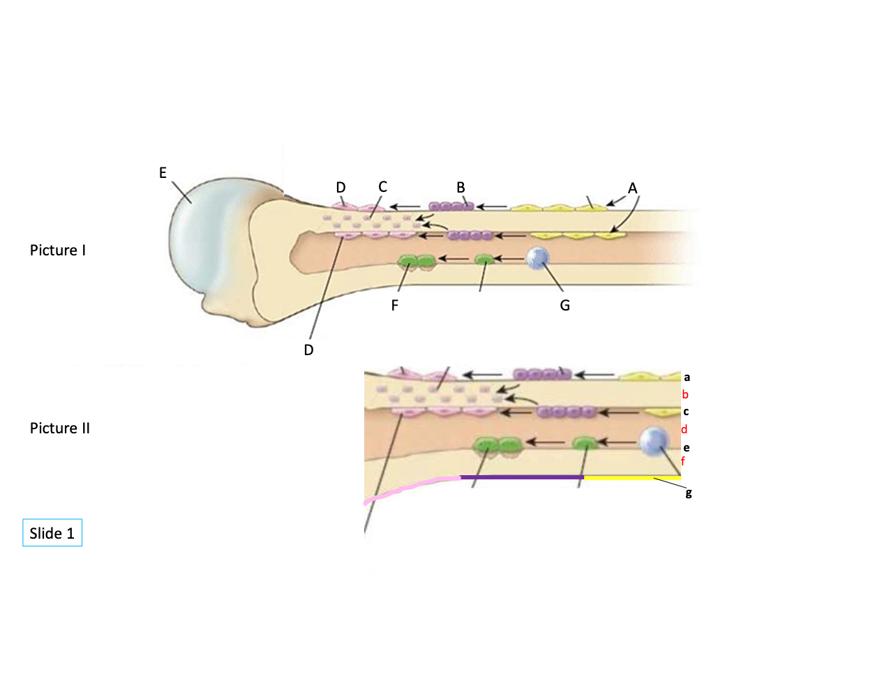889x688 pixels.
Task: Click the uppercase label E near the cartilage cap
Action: click(x=163, y=173)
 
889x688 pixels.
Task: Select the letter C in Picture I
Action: click(x=382, y=187)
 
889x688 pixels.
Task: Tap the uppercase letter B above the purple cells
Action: click(x=461, y=188)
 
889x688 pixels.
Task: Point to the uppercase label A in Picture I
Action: click(x=632, y=188)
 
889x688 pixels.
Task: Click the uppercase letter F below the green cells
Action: click(x=395, y=306)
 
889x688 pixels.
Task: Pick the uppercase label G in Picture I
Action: click(x=565, y=306)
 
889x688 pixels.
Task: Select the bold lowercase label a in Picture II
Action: click(x=687, y=377)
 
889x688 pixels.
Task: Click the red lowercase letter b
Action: click(x=685, y=394)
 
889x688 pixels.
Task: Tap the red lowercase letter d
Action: click(x=685, y=429)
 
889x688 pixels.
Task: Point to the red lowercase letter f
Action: click(x=683, y=461)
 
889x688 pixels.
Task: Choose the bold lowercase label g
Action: click(x=689, y=493)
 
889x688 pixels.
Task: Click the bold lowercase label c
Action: click(x=686, y=412)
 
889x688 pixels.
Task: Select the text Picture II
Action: click(x=60, y=428)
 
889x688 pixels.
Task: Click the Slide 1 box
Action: click(x=52, y=533)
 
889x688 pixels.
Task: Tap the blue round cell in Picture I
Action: click(x=537, y=259)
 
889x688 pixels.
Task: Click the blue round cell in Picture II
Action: click(x=654, y=441)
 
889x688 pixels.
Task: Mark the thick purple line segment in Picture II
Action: click(x=522, y=477)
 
